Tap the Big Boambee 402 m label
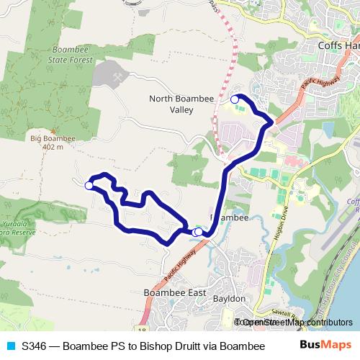[x=48, y=141]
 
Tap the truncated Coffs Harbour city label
[x=338, y=45]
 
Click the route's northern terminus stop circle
[x=234, y=99]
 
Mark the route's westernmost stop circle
[x=89, y=186]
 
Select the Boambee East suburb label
[x=175, y=293]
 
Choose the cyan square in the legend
[x=10, y=346]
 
